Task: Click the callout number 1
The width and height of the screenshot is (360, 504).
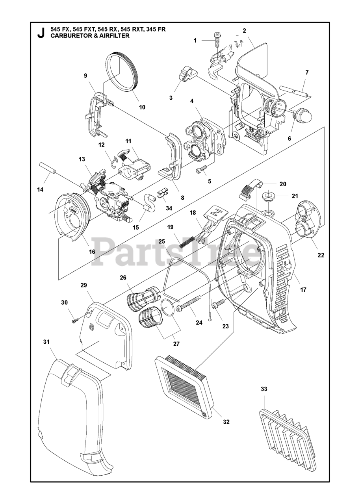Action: pyautogui.click(x=195, y=40)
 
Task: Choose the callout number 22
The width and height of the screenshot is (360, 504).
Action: pyautogui.click(x=321, y=255)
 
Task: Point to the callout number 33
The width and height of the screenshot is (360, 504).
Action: pyautogui.click(x=264, y=389)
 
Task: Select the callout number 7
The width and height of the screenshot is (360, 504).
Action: pyautogui.click(x=307, y=72)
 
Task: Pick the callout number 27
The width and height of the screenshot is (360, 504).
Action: pyautogui.click(x=176, y=344)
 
